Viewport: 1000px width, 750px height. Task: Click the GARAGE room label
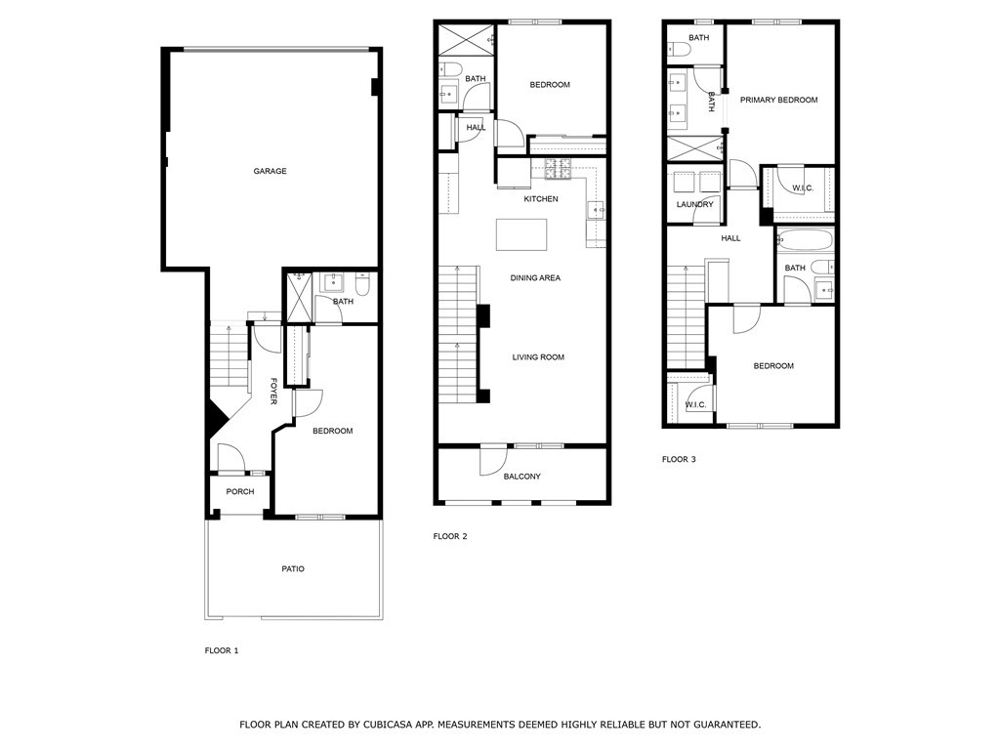(x=270, y=171)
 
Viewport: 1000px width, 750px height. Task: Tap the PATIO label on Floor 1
(x=293, y=569)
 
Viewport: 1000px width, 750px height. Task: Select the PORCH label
(x=240, y=492)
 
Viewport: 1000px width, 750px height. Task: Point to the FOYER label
(x=273, y=391)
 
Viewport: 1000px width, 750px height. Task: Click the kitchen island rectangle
(x=521, y=234)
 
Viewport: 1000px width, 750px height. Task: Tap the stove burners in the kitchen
(x=558, y=168)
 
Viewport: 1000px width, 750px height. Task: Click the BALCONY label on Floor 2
(x=521, y=477)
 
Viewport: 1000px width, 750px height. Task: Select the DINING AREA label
(x=535, y=278)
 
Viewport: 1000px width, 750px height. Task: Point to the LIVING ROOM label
(x=538, y=357)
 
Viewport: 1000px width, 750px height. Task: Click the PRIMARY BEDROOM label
(x=778, y=101)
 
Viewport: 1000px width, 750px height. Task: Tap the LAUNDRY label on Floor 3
(x=695, y=205)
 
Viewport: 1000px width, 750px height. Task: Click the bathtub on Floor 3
(x=805, y=240)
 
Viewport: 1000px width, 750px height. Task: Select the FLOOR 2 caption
(x=450, y=536)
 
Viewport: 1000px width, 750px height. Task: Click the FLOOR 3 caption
(x=679, y=459)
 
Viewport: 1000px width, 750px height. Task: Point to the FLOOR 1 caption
(x=222, y=650)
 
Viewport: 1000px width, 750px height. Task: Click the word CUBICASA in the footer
(x=389, y=725)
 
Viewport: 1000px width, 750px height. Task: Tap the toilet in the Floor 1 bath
(x=362, y=284)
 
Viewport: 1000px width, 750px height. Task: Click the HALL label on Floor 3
(x=730, y=238)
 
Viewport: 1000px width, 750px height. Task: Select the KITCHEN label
(x=541, y=199)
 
